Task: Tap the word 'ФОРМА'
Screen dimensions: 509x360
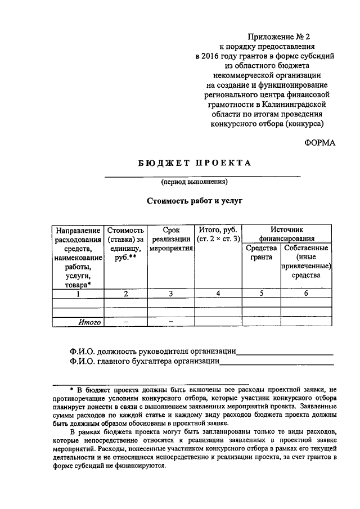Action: click(319, 143)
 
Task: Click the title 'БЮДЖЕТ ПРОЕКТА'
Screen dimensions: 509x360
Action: click(194, 163)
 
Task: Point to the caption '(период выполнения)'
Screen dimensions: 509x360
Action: click(193, 182)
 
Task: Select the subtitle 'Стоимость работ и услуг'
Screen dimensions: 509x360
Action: click(194, 200)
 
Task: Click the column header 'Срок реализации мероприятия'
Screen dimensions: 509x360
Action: click(170, 238)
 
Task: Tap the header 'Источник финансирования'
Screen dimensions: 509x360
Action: click(286, 234)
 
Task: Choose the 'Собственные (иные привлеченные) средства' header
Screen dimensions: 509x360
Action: click(306, 262)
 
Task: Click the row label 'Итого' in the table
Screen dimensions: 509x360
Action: click(89, 322)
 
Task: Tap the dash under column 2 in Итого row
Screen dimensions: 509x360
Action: click(125, 322)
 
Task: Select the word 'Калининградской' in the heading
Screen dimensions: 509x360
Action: click(298, 104)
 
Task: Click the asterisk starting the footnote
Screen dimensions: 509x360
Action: click(71, 389)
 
